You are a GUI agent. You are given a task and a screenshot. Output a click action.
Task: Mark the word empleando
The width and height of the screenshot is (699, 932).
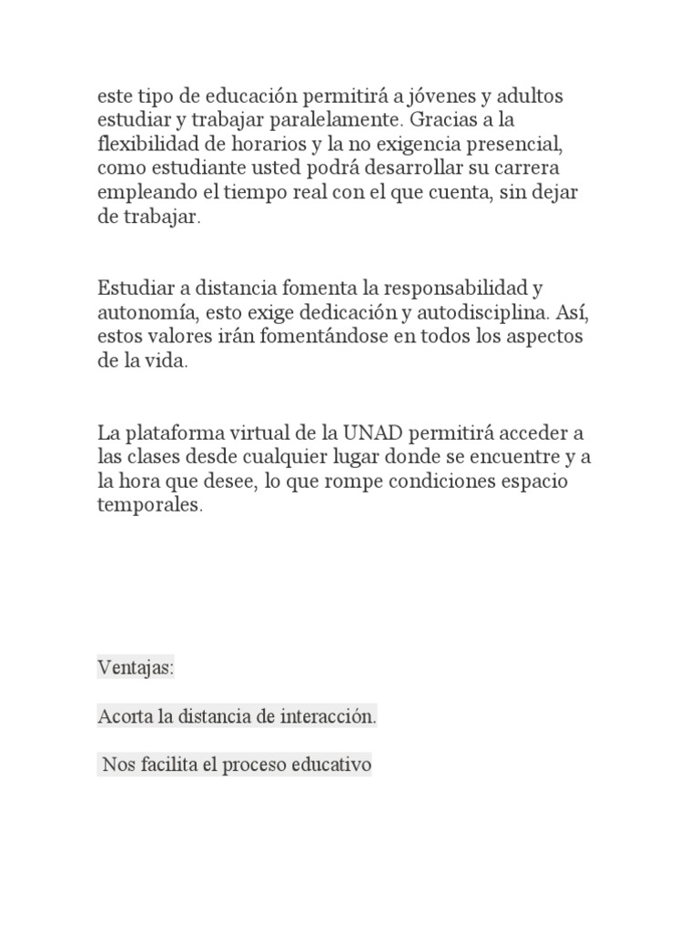coord(141,193)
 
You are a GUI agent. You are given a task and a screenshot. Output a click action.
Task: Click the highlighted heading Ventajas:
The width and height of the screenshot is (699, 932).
coord(135,669)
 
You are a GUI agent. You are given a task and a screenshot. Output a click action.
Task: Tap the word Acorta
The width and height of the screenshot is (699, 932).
coord(125,717)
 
